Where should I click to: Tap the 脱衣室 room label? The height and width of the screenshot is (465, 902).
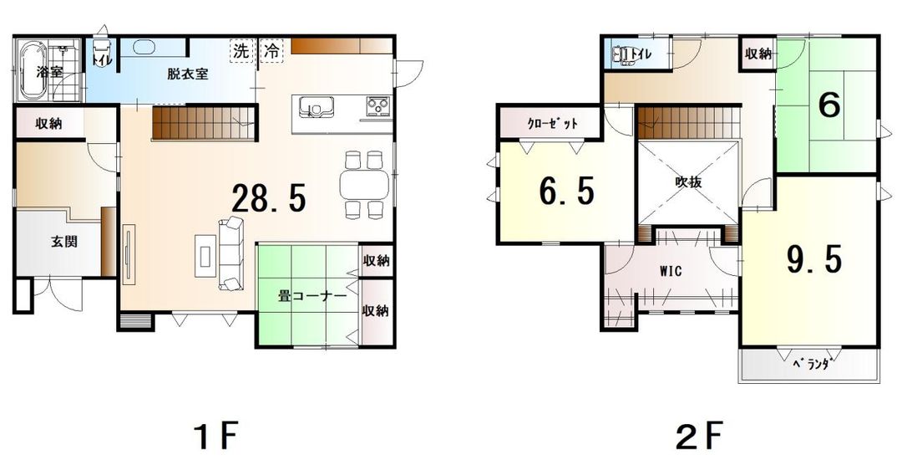[187, 74]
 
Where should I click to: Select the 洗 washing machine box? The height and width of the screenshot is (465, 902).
[241, 50]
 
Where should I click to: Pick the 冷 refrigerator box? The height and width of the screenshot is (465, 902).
[271, 50]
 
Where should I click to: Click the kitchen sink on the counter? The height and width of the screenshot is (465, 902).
[315, 108]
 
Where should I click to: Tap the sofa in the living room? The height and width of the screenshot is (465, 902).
[230, 243]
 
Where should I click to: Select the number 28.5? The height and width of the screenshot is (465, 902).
[269, 199]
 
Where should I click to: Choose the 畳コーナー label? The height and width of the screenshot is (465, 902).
[312, 295]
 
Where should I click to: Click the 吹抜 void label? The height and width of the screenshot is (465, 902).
[688, 181]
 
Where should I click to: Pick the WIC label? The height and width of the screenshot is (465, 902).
[671, 270]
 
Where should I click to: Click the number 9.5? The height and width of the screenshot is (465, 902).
[813, 260]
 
